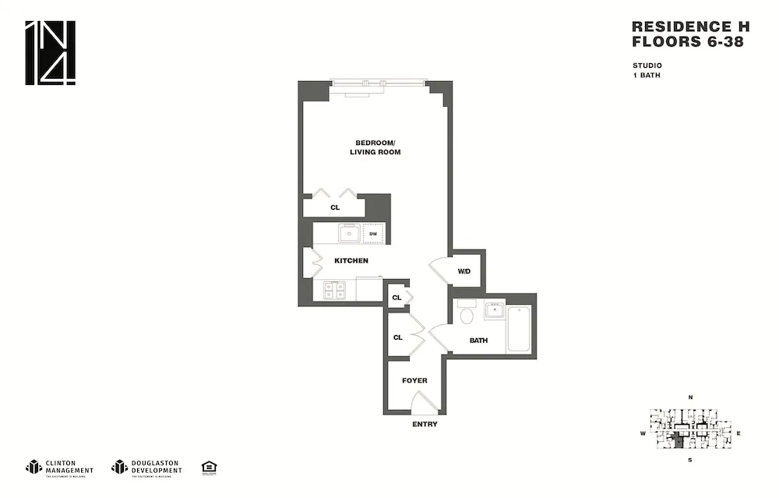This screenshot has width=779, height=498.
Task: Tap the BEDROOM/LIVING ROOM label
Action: pyautogui.click(x=375, y=147)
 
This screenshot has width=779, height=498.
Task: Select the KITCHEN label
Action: pyautogui.click(x=351, y=260)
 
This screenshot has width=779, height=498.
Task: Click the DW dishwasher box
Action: pyautogui.click(x=372, y=233)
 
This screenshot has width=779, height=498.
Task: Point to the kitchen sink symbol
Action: pyautogui.click(x=348, y=233)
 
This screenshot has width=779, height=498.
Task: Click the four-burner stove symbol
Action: pyautogui.click(x=335, y=290)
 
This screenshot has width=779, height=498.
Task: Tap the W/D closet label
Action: pyautogui.click(x=464, y=271)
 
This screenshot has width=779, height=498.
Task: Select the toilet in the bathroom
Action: pyautogui.click(x=467, y=315)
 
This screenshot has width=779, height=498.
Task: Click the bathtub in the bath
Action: pyautogui.click(x=519, y=330)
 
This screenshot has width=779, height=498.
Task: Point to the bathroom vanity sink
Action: pyautogui.click(x=495, y=310)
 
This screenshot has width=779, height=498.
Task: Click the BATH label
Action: pyautogui.click(x=478, y=341)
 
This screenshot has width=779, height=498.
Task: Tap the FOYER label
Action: pyautogui.click(x=414, y=380)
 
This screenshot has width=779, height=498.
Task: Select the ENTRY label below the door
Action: pyautogui.click(x=425, y=425)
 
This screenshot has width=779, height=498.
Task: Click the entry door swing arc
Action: pyautogui.click(x=425, y=403)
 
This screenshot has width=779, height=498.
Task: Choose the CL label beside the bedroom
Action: pyautogui.click(x=335, y=208)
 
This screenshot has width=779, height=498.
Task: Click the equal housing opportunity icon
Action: pyautogui.click(x=209, y=467)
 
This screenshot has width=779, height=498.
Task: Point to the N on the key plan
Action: pyautogui.click(x=690, y=397)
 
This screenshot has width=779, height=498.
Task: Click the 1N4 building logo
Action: pyautogui.click(x=51, y=52)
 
